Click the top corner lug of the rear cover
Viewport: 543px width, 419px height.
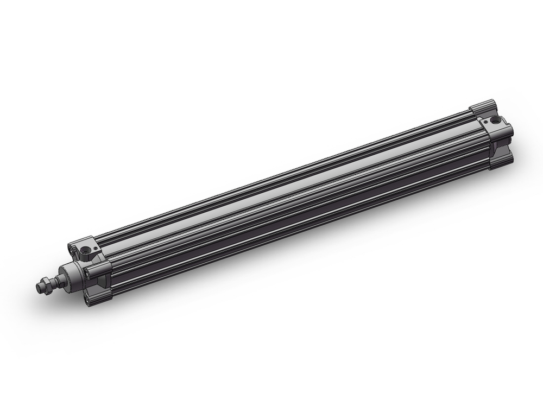(483, 106)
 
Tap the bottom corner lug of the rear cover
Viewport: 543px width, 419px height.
(502, 161)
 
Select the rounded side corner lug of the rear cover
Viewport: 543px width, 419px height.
(506, 132)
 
